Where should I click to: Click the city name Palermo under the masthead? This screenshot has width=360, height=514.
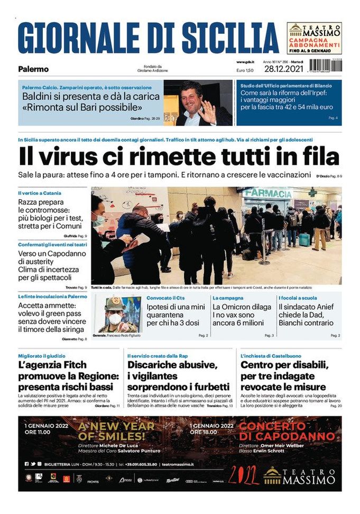click(x=33, y=69)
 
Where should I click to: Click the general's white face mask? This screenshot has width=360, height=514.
click(x=115, y=319)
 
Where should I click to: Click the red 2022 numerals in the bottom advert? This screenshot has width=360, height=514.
click(x=244, y=475)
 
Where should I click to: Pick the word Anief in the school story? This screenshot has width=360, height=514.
click(x=328, y=306)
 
